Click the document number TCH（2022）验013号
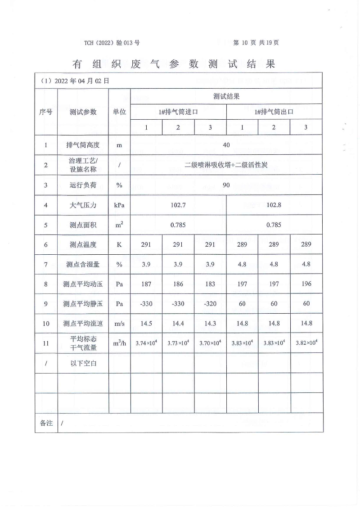[112, 43]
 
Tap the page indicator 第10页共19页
[256, 43]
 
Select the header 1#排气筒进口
[178, 112]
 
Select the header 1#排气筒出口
[274, 112]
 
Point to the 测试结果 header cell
[226, 96]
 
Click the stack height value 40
[226, 145]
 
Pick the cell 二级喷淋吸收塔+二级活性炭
[226, 165]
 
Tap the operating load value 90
[226, 185]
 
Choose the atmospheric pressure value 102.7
[178, 205]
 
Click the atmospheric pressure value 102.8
[274, 205]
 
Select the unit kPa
[119, 205]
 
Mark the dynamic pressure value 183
[210, 284]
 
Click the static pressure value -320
[210, 304]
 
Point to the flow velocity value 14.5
[146, 323]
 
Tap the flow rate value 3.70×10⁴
[210, 343]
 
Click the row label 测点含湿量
[83, 264]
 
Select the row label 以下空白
[83, 363]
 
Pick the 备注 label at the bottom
[46, 423]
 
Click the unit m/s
[119, 323]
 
